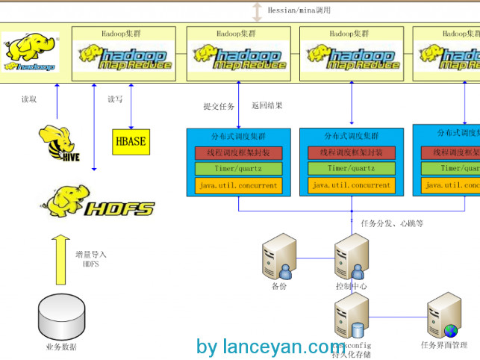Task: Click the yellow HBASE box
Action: click(x=131, y=140)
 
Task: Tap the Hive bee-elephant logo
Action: click(x=59, y=143)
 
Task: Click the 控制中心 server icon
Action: click(x=352, y=258)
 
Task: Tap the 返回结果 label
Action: click(x=267, y=106)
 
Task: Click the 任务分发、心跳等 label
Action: click(x=392, y=223)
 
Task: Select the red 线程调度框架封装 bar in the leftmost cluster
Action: click(x=239, y=152)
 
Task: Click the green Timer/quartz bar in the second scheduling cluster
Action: click(x=352, y=169)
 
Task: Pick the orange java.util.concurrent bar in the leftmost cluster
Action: click(x=239, y=185)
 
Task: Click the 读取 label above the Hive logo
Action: click(x=29, y=99)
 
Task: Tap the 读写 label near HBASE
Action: click(x=115, y=99)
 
